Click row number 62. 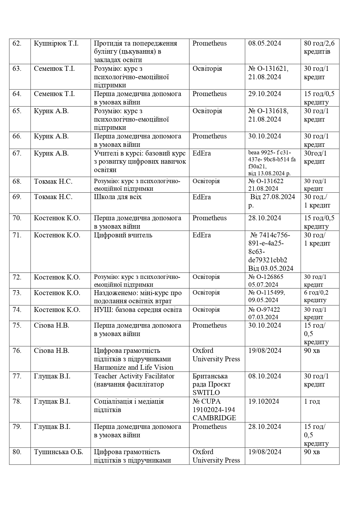17,44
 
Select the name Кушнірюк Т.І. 56,44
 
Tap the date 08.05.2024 265,44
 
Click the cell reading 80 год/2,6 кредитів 319,48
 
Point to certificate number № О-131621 268,69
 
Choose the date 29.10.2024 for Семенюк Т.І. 265,94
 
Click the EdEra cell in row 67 202,154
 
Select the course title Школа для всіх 118,197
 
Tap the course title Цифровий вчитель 123,235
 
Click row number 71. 17,235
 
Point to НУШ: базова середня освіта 138,310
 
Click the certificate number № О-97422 264,310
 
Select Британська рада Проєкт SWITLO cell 211,384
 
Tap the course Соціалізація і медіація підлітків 129,406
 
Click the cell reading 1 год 312,402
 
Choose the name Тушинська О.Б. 58,452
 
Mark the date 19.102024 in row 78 264,402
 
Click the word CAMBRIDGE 214,418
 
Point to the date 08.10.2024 265,376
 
